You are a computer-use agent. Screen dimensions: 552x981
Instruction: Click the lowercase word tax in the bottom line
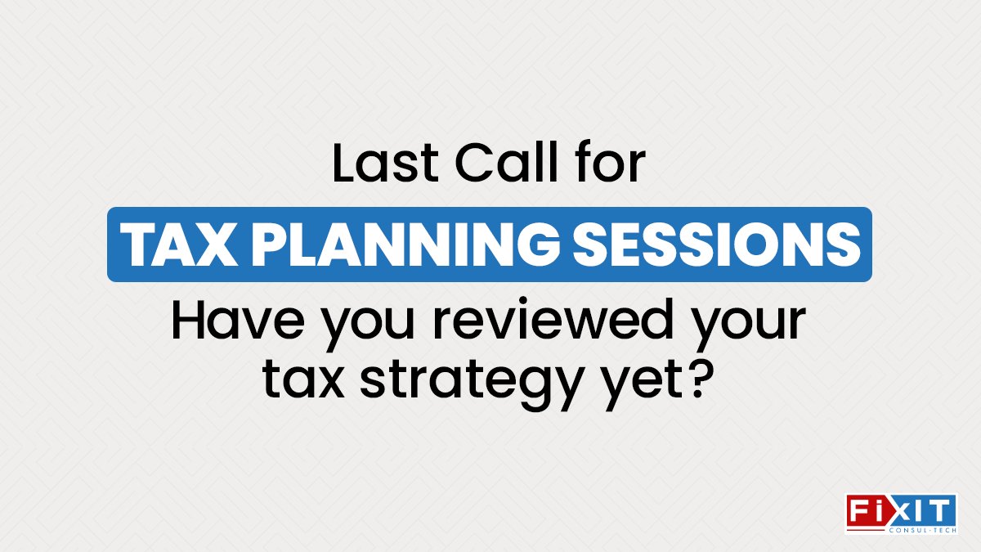click(x=307, y=380)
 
